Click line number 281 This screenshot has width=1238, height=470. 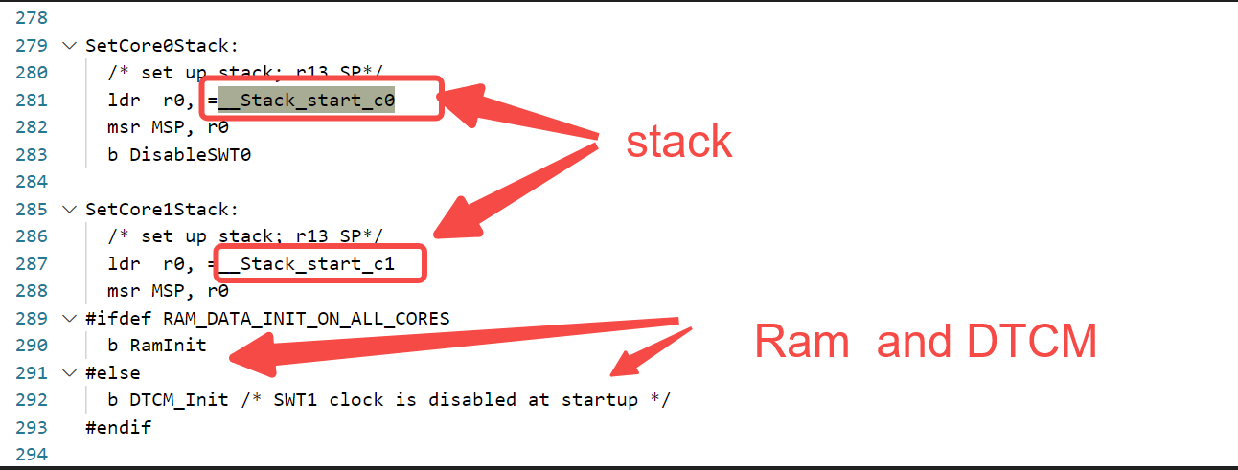pyautogui.click(x=32, y=100)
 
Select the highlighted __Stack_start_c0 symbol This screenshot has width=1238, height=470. pyautogui.click(x=307, y=100)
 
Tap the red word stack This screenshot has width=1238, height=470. pyautogui.click(x=678, y=142)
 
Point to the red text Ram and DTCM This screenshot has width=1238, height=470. pyautogui.click(x=925, y=342)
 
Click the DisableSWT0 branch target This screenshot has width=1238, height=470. pyautogui.click(x=190, y=154)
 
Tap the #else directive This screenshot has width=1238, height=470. pyautogui.click(x=112, y=372)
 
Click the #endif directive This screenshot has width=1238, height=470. pyautogui.click(x=118, y=427)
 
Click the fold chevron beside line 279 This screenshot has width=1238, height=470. pyautogui.click(x=68, y=45)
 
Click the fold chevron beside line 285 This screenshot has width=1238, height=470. pyautogui.click(x=68, y=209)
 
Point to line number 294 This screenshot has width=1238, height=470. pyautogui.click(x=32, y=454)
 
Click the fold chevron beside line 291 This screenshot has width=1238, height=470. pyautogui.click(x=68, y=372)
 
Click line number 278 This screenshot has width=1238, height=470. pyautogui.click(x=32, y=17)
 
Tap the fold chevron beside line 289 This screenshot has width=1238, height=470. pyautogui.click(x=68, y=318)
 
